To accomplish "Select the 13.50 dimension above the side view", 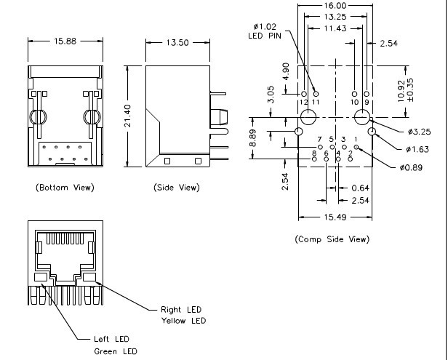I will point(177,42).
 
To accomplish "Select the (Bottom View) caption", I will point(65,188).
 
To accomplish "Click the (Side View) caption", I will point(176,188).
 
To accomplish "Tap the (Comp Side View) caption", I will point(332,239).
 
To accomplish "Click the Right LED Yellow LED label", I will point(183,315).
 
